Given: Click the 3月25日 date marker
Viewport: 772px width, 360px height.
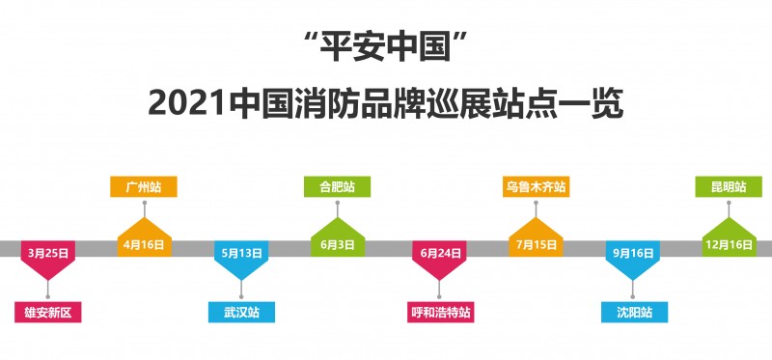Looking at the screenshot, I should point(48,254).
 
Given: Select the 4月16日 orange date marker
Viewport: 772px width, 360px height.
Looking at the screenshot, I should point(145,244).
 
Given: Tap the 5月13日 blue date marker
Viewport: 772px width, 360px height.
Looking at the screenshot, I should point(242,254).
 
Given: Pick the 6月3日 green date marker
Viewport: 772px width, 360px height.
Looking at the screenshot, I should point(338,244).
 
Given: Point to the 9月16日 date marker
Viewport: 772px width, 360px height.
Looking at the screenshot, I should point(633,254).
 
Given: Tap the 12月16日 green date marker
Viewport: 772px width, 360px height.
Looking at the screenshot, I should point(729,244).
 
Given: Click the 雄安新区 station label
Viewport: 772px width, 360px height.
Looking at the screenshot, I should point(48,312).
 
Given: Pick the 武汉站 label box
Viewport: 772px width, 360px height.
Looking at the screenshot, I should point(242,312).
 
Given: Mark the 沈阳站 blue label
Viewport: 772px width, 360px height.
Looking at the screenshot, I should point(633,312).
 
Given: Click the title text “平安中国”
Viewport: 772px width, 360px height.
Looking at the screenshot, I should point(385,44).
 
